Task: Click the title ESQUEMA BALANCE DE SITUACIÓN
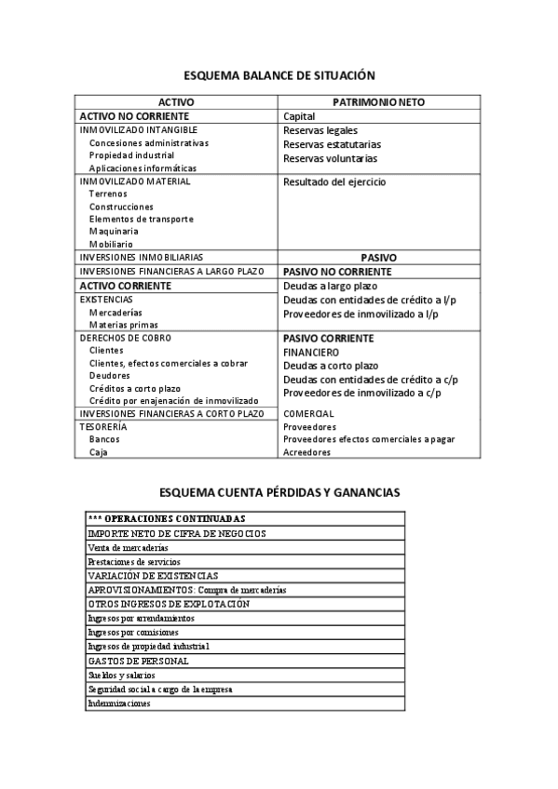pyautogui.click(x=279, y=74)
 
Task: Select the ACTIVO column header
pyautogui.click(x=176, y=101)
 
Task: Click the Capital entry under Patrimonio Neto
pyautogui.click(x=299, y=116)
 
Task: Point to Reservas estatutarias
pyautogui.click(x=332, y=144)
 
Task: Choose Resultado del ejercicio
pyautogui.click(x=333, y=181)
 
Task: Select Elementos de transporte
pyautogui.click(x=142, y=219)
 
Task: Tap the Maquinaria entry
pyautogui.click(x=114, y=231)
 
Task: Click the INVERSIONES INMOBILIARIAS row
pyautogui.click(x=142, y=256)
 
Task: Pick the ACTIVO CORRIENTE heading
pyautogui.click(x=126, y=286)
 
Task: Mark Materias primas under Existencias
pyautogui.click(x=124, y=325)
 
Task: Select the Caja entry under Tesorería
pyautogui.click(x=99, y=452)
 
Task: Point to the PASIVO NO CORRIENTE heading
pyautogui.click(x=336, y=272)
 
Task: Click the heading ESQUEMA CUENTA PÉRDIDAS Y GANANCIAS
pyautogui.click(x=279, y=490)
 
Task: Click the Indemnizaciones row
pyautogui.click(x=118, y=703)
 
